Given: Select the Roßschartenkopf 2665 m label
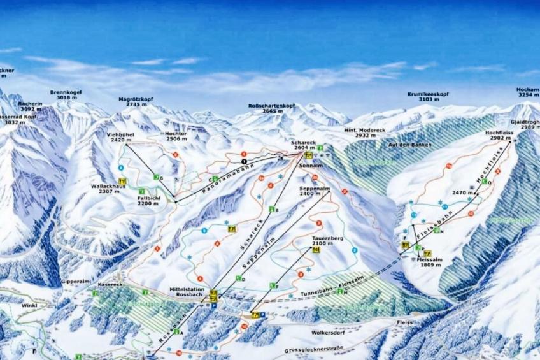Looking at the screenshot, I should [271, 108].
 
